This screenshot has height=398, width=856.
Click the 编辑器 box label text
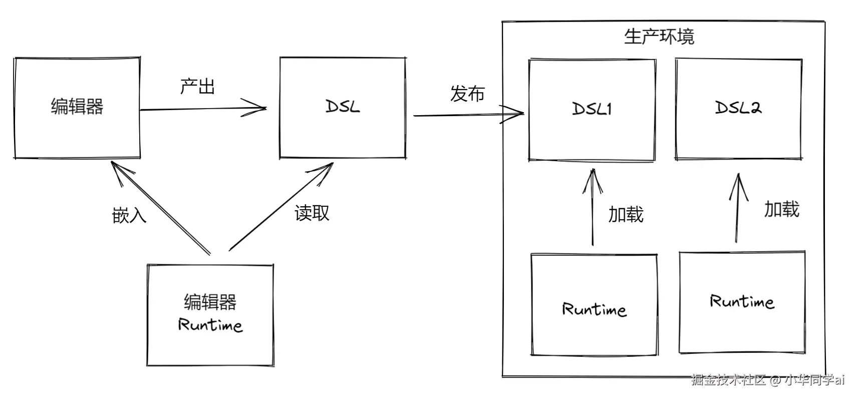pos(77,107)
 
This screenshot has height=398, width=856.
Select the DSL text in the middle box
pos(343,106)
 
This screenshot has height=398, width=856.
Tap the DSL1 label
pos(592,109)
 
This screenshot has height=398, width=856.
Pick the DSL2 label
pos(738,107)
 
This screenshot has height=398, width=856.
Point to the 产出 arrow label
pos(197,86)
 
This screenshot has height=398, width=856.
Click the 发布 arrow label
pos(467,94)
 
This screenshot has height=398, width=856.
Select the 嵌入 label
pos(129,215)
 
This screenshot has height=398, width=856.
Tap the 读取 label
pos(312,213)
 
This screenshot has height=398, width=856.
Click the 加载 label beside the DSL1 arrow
pos(626,214)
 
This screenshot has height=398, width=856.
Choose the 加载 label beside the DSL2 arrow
pos(782,209)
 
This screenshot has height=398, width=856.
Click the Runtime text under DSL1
pos(594,309)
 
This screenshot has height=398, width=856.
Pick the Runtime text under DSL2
pos(742,301)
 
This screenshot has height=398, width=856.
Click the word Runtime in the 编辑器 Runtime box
pos(210,325)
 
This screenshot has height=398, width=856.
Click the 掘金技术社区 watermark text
pos(728,380)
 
